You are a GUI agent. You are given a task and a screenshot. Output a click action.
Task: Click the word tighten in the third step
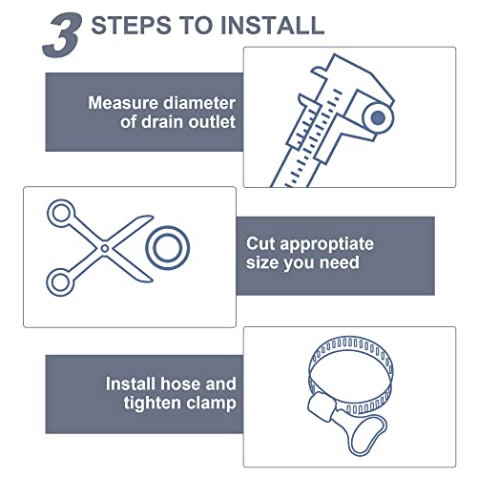(139, 404)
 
